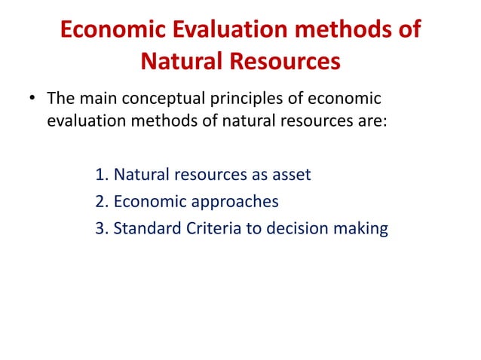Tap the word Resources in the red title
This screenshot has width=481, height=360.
pyautogui.click(x=288, y=59)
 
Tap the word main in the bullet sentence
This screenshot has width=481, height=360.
pyautogui.click(x=97, y=99)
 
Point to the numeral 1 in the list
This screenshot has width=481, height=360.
pyautogui.click(x=100, y=175)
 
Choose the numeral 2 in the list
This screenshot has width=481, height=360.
pyautogui.click(x=100, y=202)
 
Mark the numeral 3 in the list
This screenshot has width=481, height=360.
pyautogui.click(x=100, y=229)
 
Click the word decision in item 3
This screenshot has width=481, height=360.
pyautogui.click(x=294, y=229)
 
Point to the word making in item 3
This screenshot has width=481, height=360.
pyautogui.click(x=360, y=229)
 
